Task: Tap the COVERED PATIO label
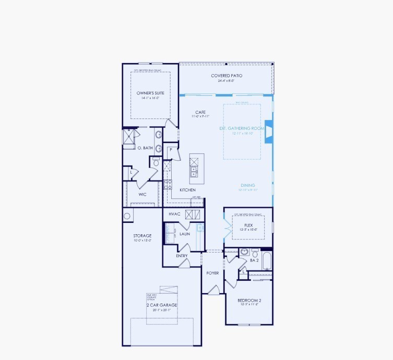coord(226,76)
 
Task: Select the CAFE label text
coord(200,112)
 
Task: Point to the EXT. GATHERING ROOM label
coord(242,128)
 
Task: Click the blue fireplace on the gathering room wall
coord(269,133)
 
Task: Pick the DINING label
coord(248,185)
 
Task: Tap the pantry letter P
coord(171,150)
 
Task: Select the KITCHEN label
coord(187,190)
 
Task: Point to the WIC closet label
coord(142,194)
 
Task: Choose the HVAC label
coord(174,214)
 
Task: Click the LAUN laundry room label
coord(184,234)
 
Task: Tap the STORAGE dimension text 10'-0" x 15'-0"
coord(142,241)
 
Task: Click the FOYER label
coord(212,273)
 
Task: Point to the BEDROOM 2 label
coord(249,301)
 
